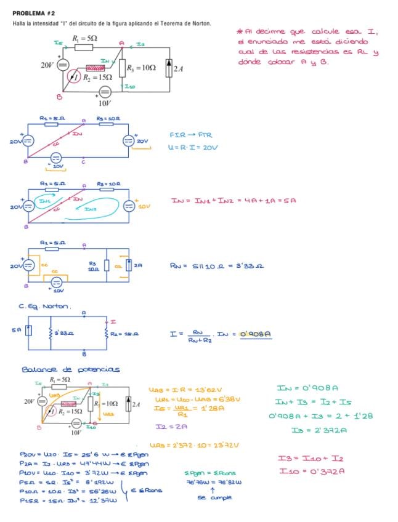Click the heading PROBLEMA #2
[33, 12]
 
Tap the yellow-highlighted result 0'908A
[257, 335]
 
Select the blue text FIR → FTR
[190, 135]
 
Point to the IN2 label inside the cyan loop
[91, 210]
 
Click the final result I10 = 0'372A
[311, 471]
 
